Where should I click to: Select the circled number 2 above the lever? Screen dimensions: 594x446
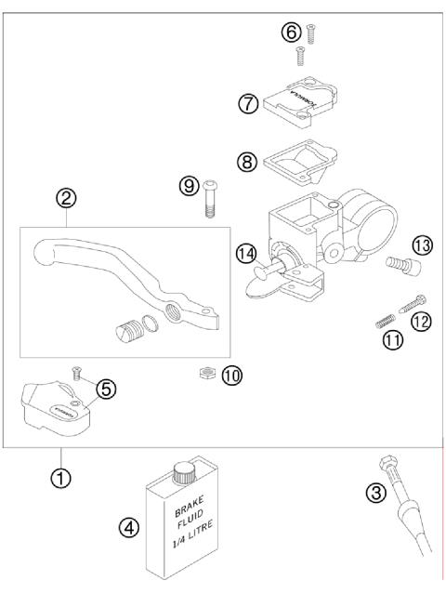66,198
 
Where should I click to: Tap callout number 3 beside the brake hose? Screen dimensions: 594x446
375,494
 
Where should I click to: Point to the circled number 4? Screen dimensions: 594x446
130,529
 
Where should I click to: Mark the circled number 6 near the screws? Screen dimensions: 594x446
291,33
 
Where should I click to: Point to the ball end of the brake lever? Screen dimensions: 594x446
40,257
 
